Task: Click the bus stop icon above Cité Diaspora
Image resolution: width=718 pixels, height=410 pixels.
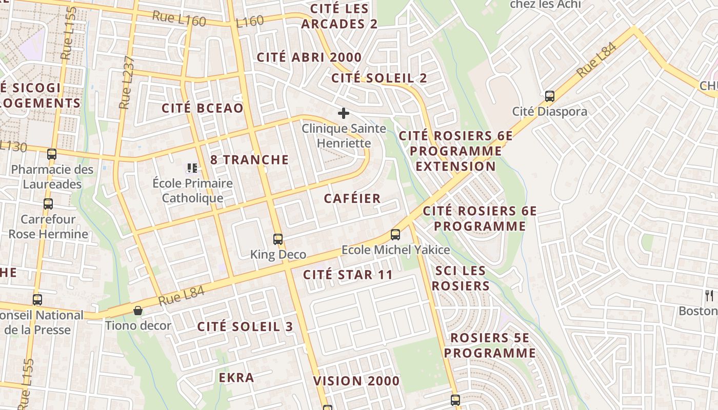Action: tap(549, 96)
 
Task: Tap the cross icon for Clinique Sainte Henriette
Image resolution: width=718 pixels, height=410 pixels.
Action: tap(343, 113)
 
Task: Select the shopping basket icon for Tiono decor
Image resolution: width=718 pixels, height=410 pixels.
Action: tap(137, 311)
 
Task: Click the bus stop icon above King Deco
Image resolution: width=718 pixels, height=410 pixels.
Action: tap(277, 239)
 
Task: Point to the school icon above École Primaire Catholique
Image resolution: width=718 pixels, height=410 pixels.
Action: tap(192, 168)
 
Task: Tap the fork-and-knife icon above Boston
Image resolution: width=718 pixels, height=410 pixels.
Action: tap(709, 295)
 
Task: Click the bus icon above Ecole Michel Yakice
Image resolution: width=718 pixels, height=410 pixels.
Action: tap(395, 235)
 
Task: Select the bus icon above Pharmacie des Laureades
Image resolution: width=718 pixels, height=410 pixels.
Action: tap(51, 154)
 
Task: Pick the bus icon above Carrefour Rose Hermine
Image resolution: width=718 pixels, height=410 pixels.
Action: tap(48, 204)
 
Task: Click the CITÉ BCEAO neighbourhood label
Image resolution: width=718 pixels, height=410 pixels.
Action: tap(202, 108)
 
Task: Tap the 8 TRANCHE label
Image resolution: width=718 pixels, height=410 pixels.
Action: tap(249, 159)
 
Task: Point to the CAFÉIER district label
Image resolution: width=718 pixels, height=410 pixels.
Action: tap(352, 198)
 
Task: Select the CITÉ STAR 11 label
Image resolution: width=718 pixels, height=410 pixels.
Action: tap(348, 275)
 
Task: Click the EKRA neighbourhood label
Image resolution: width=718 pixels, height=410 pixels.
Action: tap(236, 378)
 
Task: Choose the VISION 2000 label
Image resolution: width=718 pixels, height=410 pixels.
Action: tap(356, 381)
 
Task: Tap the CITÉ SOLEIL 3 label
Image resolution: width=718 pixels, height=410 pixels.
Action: tap(245, 326)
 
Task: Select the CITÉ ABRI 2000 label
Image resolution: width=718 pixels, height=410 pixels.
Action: tap(309, 57)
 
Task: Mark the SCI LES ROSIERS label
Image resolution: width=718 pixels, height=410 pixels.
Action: tap(460, 278)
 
